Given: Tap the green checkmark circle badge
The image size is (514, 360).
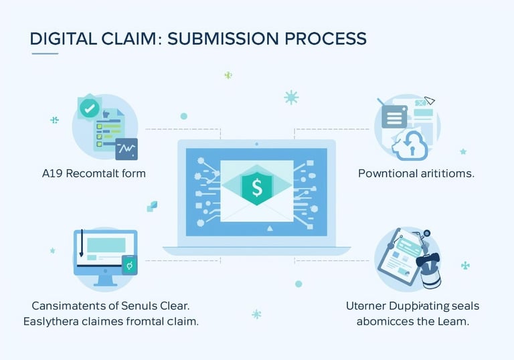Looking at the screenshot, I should (88, 107).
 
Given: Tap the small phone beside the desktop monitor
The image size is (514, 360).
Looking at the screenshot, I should (129, 266).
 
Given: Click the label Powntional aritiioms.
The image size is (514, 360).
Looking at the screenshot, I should (416, 173).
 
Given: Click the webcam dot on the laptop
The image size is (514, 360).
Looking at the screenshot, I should (257, 144).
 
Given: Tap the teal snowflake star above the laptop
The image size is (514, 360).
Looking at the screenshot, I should (291, 98).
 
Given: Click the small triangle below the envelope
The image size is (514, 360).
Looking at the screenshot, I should (270, 228).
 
